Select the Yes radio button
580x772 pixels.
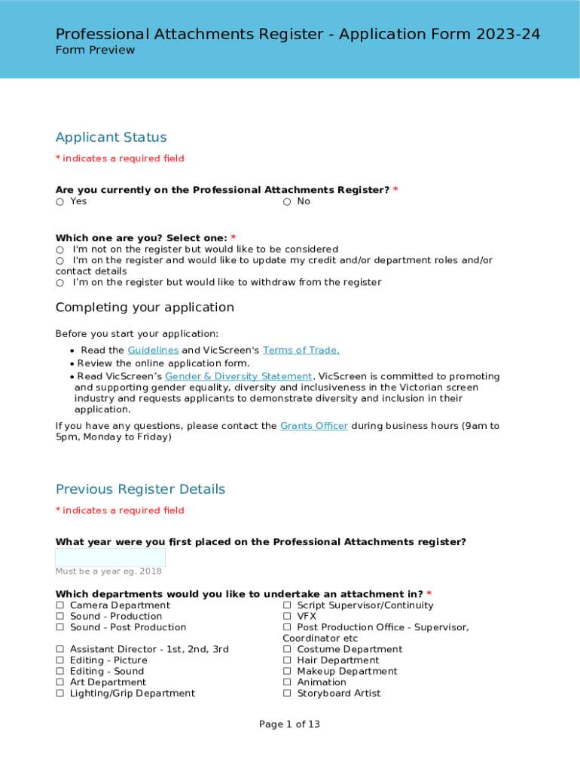pyautogui.click(x=60, y=202)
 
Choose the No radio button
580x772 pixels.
pyautogui.click(x=287, y=202)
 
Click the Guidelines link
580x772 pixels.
pyautogui.click(x=153, y=351)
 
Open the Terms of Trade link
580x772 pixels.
pyautogui.click(x=301, y=351)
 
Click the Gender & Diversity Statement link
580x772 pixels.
pyautogui.click(x=238, y=376)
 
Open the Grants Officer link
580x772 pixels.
pyautogui.click(x=313, y=426)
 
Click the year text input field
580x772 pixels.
pyautogui.click(x=110, y=558)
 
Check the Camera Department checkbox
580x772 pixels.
pyautogui.click(x=60, y=605)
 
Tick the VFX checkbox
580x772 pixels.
pyautogui.click(x=287, y=617)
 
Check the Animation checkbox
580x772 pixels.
pyautogui.click(x=287, y=682)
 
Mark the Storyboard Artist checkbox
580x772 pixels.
pyautogui.click(x=287, y=694)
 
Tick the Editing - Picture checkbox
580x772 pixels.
pyautogui.click(x=60, y=660)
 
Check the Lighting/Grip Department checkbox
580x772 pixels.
pyautogui.click(x=60, y=694)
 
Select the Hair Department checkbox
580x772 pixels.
pyautogui.click(x=287, y=660)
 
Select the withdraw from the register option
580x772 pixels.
pyautogui.click(x=60, y=283)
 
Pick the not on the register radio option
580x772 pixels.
pyautogui.click(x=60, y=250)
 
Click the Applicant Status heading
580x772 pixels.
pyautogui.click(x=111, y=137)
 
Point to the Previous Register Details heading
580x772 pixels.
pyautogui.click(x=140, y=489)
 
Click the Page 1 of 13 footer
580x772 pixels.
pyautogui.click(x=289, y=725)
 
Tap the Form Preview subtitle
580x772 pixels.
pyautogui.click(x=95, y=51)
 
